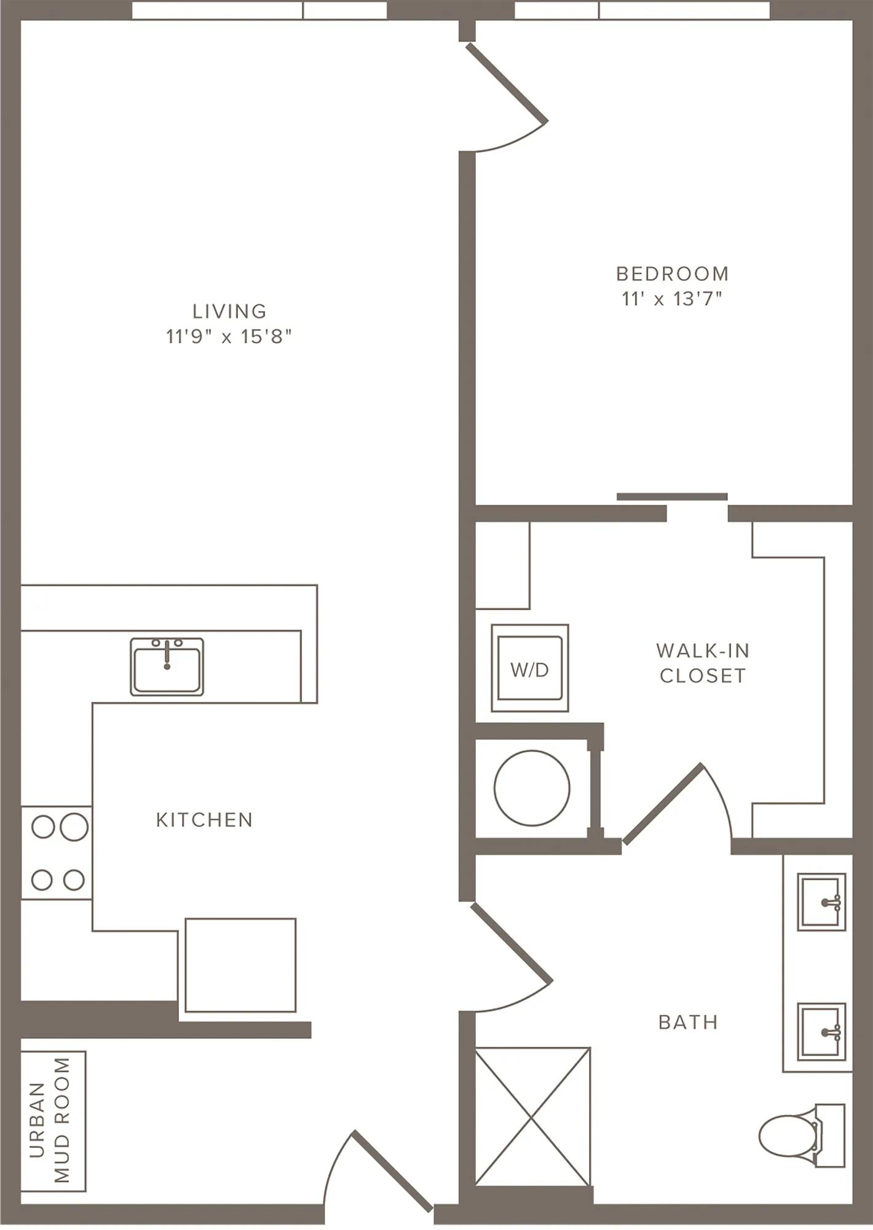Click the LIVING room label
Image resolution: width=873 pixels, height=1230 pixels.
tap(229, 311)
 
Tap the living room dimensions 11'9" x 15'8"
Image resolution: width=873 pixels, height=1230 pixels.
tap(229, 336)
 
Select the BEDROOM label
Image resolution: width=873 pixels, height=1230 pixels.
tap(673, 273)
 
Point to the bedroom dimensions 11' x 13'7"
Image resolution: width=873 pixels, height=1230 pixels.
tap(671, 299)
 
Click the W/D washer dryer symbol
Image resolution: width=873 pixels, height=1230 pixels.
tap(530, 668)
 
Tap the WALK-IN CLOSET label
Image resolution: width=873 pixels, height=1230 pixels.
tap(703, 663)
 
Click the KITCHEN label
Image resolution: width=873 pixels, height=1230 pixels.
tap(205, 820)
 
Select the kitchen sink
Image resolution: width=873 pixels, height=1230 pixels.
tap(167, 667)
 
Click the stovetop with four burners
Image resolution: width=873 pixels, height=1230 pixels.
tap(57, 852)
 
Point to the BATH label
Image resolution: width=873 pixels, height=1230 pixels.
tap(689, 1022)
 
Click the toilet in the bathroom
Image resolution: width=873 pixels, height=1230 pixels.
tap(802, 1135)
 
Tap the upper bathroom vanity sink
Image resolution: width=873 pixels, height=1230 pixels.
tap(821, 902)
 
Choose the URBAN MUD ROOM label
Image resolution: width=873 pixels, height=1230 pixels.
tap(50, 1121)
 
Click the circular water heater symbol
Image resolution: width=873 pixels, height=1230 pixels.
tap(532, 788)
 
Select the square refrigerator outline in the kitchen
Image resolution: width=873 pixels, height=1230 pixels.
tap(240, 966)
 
